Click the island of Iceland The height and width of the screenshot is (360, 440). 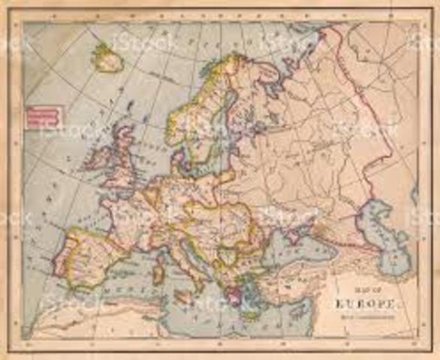(x=107, y=58)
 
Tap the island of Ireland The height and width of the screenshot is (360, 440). (x=96, y=159)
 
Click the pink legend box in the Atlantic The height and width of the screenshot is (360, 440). (x=43, y=115)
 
